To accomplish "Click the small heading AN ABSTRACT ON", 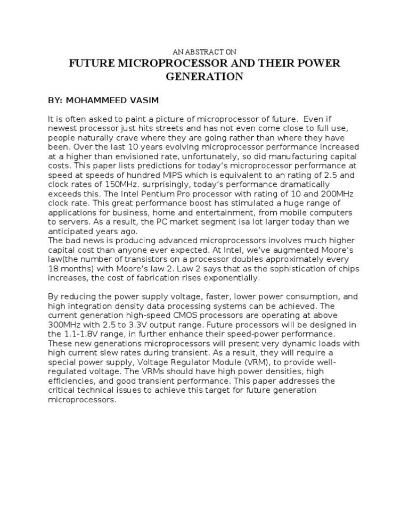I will point(204,52).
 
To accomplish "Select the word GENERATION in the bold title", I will point(204,77).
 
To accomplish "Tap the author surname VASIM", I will point(142,100).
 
